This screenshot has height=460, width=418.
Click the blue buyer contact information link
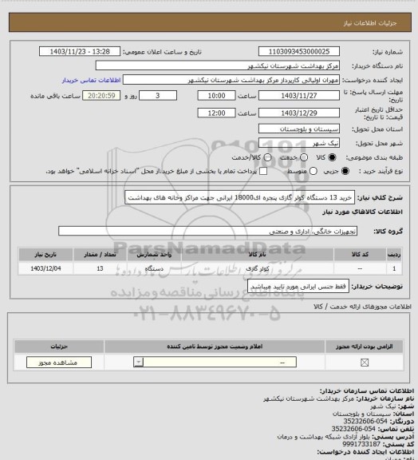[x=92, y=81]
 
